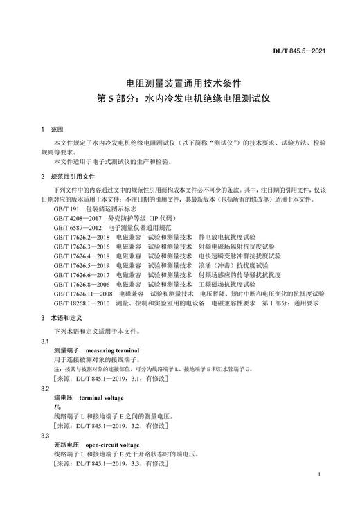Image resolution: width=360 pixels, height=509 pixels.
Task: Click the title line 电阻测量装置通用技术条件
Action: point(180,82)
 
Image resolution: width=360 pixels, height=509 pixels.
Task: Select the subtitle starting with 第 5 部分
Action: point(180,98)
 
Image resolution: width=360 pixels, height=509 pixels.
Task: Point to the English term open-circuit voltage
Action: point(109,445)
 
